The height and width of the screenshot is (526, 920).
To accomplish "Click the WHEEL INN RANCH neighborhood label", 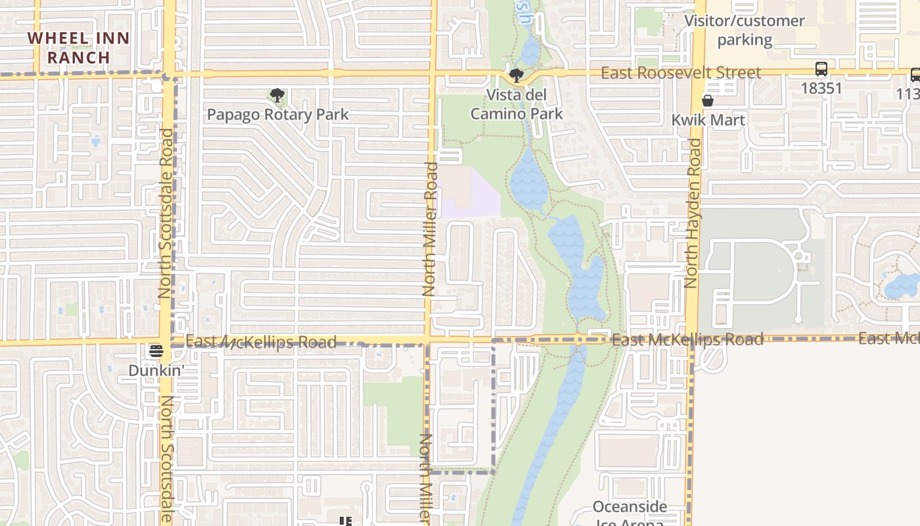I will pos(79,47).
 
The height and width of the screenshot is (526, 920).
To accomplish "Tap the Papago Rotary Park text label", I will pos(278,114).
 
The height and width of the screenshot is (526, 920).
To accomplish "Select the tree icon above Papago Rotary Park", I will pos(277,95).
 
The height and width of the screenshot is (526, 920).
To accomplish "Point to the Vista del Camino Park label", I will pos(517,105).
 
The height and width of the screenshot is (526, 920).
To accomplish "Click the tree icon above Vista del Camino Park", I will pos(517,76).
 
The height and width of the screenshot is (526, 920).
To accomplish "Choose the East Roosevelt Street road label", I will pos(681,72).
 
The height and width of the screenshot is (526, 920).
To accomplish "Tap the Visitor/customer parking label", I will pos(745,30).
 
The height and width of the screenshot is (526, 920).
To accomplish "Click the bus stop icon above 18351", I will pos(821,69).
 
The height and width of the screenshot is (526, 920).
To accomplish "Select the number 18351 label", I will pos(821,88).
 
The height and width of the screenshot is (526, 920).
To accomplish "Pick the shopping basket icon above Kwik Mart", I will pos(708,101).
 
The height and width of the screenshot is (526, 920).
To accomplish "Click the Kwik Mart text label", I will pos(708,120).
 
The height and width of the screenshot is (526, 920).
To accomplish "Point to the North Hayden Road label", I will pos(691,214).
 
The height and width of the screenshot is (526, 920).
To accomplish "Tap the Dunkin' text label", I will pos(155,371).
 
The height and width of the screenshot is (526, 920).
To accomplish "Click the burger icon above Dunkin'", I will pos(156,350).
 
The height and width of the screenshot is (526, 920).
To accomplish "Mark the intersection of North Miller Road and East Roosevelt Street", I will pos(433,73).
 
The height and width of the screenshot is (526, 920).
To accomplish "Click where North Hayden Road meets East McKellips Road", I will pos(691,339).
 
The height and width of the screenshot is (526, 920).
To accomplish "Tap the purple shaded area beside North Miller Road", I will pos(470,197).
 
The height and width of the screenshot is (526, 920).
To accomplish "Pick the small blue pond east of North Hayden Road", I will pos(902,286).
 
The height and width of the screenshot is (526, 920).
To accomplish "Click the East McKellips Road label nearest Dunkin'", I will pos(261,342).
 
